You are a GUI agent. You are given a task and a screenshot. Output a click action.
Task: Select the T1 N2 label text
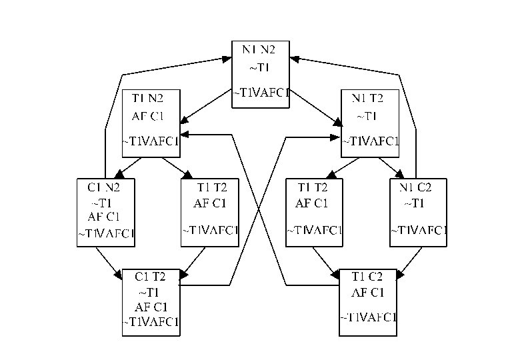(147, 99)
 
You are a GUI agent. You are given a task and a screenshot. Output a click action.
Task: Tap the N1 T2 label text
(367, 99)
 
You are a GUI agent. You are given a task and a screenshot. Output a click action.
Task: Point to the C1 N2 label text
(105, 187)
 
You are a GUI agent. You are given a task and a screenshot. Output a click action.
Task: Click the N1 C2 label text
(418, 187)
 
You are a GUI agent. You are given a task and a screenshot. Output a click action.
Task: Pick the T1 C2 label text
(367, 277)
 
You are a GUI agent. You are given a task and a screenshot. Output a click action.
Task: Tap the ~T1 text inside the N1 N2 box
(260, 67)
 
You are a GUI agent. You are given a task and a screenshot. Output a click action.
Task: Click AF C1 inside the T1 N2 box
(147, 116)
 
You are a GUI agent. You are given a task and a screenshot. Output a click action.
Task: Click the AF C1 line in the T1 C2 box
(367, 292)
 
